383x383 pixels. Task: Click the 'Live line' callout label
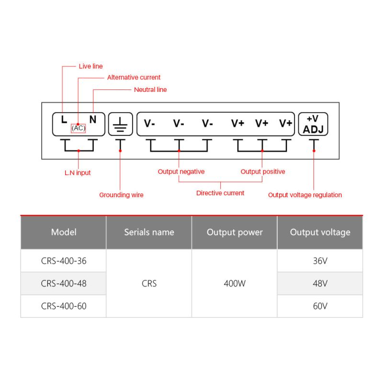[x=90, y=66]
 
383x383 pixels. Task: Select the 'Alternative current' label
[x=134, y=78]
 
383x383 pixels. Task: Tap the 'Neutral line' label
[x=150, y=90]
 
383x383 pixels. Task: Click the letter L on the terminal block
[x=64, y=119]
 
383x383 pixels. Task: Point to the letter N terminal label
[x=93, y=119]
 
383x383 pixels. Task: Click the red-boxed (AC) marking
[x=78, y=128]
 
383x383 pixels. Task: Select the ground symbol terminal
[x=121, y=124]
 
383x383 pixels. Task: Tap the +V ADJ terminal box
[x=313, y=124]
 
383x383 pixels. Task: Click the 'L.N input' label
[x=78, y=173]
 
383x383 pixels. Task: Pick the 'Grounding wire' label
[x=121, y=195]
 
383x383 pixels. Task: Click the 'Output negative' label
[x=181, y=172]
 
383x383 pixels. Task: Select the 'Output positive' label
[x=263, y=172]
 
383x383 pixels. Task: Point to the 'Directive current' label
[x=220, y=193]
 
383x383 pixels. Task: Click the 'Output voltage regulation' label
[x=305, y=195]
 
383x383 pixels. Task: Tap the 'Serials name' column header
[x=149, y=232]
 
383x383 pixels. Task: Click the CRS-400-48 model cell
[x=64, y=283]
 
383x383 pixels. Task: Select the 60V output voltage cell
[x=320, y=306]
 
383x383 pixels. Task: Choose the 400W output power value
[x=235, y=283]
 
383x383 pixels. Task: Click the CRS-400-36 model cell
[x=64, y=261]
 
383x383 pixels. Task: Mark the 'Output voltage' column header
[x=320, y=232]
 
